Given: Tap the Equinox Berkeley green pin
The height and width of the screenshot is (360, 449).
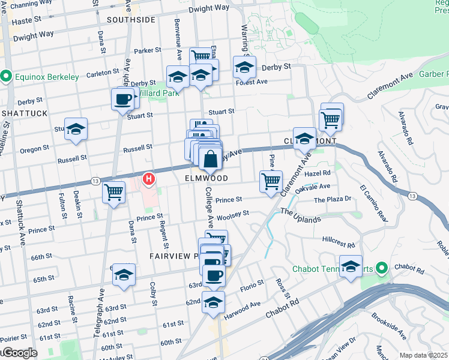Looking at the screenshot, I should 7,77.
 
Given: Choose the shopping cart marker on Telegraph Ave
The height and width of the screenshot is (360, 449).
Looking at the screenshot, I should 113,192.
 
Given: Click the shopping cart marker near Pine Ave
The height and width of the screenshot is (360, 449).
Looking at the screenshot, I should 271,181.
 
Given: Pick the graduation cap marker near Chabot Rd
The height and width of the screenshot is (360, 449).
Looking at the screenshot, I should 351,265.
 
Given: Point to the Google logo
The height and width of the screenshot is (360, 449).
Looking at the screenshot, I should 19,353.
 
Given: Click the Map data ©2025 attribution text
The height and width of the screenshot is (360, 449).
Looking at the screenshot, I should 423,355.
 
